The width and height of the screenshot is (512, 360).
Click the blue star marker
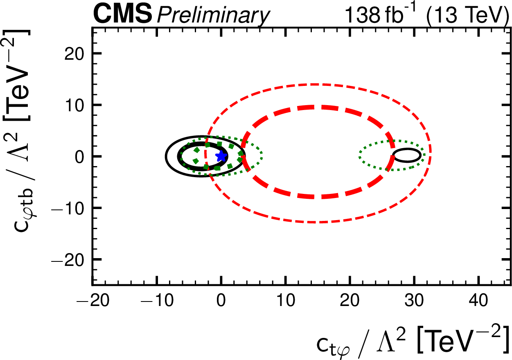(221, 156)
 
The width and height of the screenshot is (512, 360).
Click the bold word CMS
(122, 16)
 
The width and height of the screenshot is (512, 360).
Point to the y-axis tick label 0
(81, 156)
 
